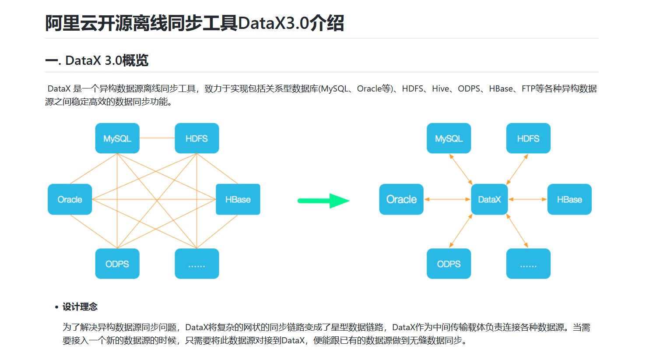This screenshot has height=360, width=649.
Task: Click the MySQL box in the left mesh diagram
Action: [117, 138]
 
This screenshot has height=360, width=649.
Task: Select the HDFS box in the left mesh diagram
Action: [196, 138]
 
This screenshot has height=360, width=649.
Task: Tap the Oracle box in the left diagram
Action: [70, 199]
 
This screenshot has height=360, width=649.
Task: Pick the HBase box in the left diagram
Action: [238, 199]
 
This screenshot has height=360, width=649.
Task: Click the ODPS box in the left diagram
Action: [117, 264]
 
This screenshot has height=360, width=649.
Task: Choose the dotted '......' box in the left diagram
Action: [196, 264]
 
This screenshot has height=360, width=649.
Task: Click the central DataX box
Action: [489, 199]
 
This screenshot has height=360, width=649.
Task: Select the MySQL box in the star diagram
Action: [449, 138]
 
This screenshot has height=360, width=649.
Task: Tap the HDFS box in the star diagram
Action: [528, 138]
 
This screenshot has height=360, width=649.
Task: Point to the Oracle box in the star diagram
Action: [401, 199]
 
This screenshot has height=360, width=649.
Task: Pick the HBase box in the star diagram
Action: [569, 199]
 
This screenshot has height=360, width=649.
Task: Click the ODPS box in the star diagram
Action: [449, 264]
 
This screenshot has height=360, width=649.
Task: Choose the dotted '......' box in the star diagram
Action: [528, 264]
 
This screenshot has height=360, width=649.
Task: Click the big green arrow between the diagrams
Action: [324, 201]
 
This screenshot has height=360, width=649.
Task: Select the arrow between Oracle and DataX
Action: [447, 199]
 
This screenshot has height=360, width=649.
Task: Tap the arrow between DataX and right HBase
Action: [527, 199]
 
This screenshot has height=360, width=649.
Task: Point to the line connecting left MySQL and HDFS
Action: [157, 138]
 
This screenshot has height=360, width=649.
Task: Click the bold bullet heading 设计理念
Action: [80, 307]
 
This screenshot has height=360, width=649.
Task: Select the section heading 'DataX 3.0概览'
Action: [106, 60]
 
